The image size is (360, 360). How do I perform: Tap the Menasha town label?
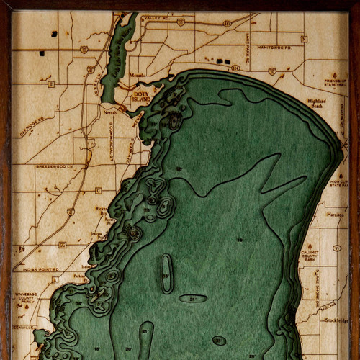138,75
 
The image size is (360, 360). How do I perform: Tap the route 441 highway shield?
227,23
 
